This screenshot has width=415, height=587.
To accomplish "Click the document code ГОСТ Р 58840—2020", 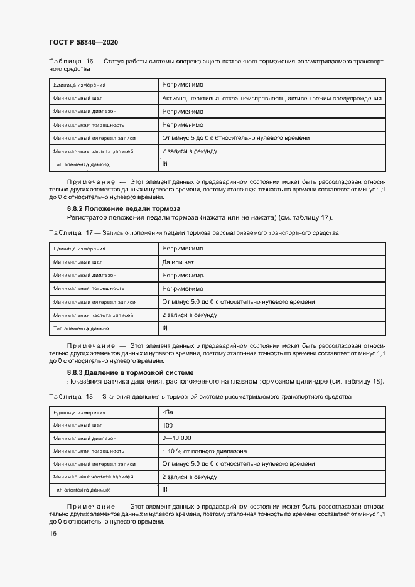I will click(83, 42).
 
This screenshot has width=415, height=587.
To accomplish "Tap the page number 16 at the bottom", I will click(53, 533).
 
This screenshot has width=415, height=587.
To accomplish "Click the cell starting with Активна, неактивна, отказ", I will click(271, 99).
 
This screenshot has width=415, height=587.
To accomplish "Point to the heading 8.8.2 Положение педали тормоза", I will click(124, 208).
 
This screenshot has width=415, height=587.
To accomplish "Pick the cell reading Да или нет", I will click(178, 262).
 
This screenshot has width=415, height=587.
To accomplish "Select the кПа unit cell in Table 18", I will click(168, 412).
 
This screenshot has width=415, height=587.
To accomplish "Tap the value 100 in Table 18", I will click(168, 426).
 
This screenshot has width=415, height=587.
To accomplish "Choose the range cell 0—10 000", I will click(176, 438).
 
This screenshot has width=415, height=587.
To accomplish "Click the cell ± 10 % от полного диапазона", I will click(204, 451).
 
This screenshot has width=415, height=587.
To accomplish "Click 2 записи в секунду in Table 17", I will click(189, 315).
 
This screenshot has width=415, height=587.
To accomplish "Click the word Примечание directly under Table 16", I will click(91, 181).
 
